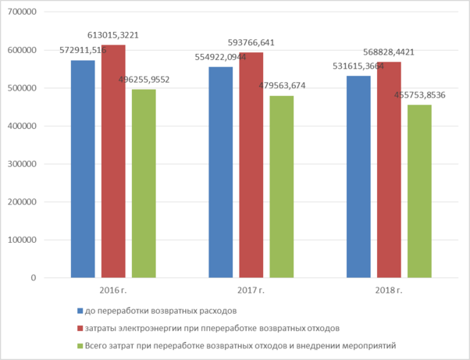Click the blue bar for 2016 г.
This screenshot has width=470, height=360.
(83, 169)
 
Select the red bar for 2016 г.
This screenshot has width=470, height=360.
(113, 161)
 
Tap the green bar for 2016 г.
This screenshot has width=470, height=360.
(144, 184)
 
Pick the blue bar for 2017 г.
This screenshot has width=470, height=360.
(221, 172)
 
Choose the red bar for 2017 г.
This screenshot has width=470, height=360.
(251, 165)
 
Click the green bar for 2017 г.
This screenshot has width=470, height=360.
(282, 187)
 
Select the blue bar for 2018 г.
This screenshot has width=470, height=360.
(359, 176)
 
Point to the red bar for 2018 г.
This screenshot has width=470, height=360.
(389, 169)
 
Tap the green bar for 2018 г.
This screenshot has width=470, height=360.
(419, 191)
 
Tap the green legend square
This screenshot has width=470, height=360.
(80, 344)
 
